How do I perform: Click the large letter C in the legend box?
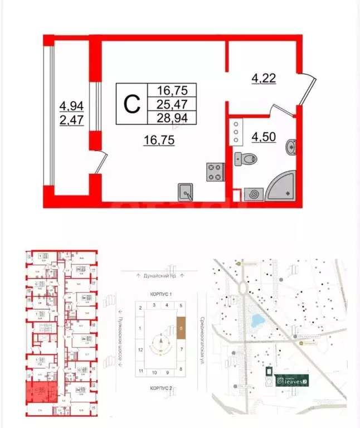tap(130, 104)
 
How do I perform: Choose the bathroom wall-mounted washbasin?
tap(291, 148)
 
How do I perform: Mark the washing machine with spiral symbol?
tap(254, 194)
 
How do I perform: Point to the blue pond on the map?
tap(258, 322)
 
